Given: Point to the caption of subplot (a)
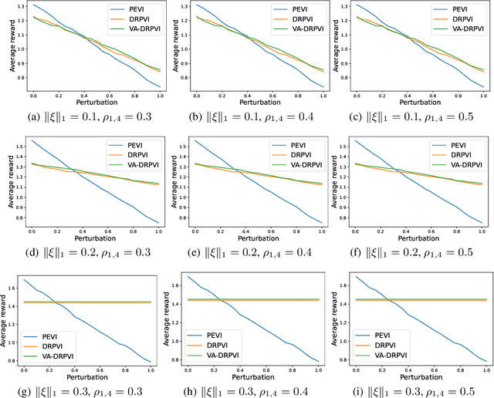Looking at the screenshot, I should [85, 116].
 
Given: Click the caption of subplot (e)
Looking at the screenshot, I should [249, 251].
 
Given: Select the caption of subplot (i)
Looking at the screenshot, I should [414, 386].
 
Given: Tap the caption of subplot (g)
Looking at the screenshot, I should [85, 386].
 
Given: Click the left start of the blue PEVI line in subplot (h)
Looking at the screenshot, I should [188, 277].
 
